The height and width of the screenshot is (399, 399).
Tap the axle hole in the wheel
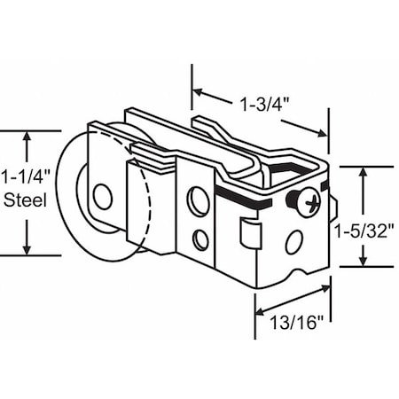[x=103, y=197]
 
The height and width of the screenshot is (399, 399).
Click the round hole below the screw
[x=293, y=241]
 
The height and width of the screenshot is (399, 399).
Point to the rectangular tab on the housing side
[x=249, y=233]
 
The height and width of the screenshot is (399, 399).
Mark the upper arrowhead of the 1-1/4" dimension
[x=30, y=138]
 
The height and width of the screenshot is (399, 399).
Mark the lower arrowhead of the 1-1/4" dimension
[x=30, y=248]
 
